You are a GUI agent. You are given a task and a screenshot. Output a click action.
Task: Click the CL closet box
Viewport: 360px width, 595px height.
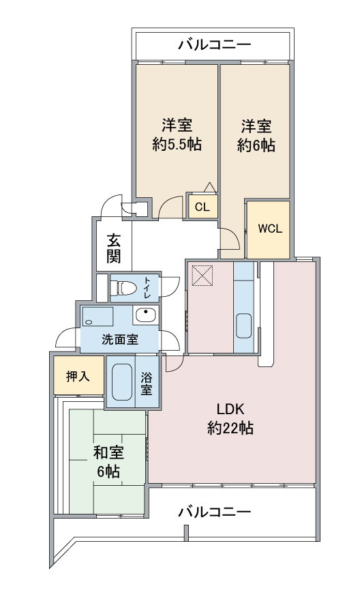point(203,207)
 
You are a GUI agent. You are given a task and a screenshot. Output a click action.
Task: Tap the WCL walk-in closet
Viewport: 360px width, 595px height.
point(269,229)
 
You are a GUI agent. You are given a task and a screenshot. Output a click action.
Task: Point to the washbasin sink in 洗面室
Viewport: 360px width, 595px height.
point(146,315)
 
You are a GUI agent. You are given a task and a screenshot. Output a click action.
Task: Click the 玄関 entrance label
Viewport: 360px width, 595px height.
point(113,248)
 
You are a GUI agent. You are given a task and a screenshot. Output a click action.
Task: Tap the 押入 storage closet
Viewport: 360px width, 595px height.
point(78,376)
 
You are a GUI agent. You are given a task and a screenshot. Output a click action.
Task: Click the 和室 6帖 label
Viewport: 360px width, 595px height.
point(108,462)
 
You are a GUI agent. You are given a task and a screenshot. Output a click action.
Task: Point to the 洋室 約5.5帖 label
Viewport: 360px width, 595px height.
point(177,134)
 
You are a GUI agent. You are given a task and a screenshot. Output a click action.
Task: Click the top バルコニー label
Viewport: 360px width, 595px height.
point(215,45)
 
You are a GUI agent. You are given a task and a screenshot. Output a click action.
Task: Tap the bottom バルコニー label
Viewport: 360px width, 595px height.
point(215,512)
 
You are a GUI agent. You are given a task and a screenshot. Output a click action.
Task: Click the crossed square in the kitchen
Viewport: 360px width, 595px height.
point(202,275)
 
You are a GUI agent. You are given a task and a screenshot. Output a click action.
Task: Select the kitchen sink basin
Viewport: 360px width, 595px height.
point(243,325)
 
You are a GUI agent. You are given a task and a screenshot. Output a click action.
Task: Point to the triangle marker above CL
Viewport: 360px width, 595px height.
point(209,187)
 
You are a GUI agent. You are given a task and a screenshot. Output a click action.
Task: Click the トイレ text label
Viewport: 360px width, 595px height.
point(147,287)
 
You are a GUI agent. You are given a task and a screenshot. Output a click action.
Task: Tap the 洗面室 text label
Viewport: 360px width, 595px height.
point(120,339)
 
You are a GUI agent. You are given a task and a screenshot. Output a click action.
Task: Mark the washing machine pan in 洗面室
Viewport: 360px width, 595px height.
point(98,316)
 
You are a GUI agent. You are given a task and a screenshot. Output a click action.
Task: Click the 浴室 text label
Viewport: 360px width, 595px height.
point(147,383)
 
